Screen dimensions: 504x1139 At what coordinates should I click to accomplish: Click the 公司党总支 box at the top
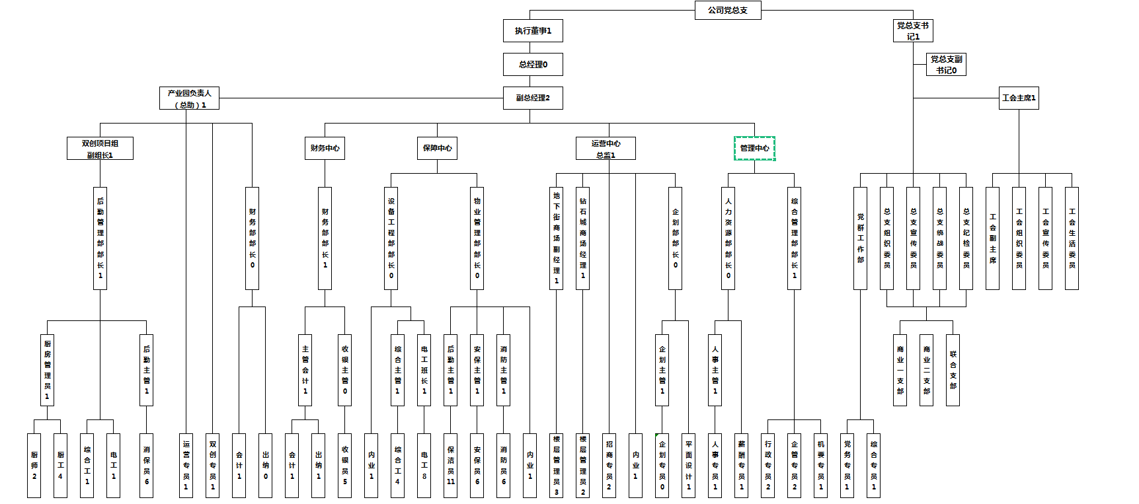[728, 11]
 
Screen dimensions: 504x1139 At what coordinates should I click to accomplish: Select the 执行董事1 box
[533, 31]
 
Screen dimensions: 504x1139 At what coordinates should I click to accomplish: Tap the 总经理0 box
[533, 65]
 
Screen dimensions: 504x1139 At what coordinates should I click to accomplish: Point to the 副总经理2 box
[533, 98]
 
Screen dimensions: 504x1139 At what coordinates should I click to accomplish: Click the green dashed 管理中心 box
[754, 149]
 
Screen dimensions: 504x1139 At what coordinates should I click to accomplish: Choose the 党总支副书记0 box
[946, 65]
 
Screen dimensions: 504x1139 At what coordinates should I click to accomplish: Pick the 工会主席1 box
[1019, 98]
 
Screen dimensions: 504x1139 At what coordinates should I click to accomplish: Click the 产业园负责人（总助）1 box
[189, 98]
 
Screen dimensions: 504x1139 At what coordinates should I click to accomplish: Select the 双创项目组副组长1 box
[100, 149]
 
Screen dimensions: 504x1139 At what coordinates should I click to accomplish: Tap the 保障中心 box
[437, 149]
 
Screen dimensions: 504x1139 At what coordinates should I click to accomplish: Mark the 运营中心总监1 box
[606, 149]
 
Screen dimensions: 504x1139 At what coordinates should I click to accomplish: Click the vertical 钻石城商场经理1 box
[582, 238]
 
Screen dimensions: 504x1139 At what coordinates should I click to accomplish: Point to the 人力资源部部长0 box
[728, 238]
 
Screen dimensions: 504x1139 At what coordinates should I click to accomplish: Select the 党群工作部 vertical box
[860, 238]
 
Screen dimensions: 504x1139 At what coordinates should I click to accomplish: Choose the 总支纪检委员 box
[966, 238]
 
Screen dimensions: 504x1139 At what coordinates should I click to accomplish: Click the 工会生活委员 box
[1072, 238]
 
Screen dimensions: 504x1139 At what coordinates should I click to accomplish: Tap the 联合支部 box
[953, 370]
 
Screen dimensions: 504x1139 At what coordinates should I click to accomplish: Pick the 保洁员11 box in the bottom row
[450, 466]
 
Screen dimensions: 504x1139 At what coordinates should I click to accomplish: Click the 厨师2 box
[34, 466]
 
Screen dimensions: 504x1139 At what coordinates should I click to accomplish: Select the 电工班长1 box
[424, 370]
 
